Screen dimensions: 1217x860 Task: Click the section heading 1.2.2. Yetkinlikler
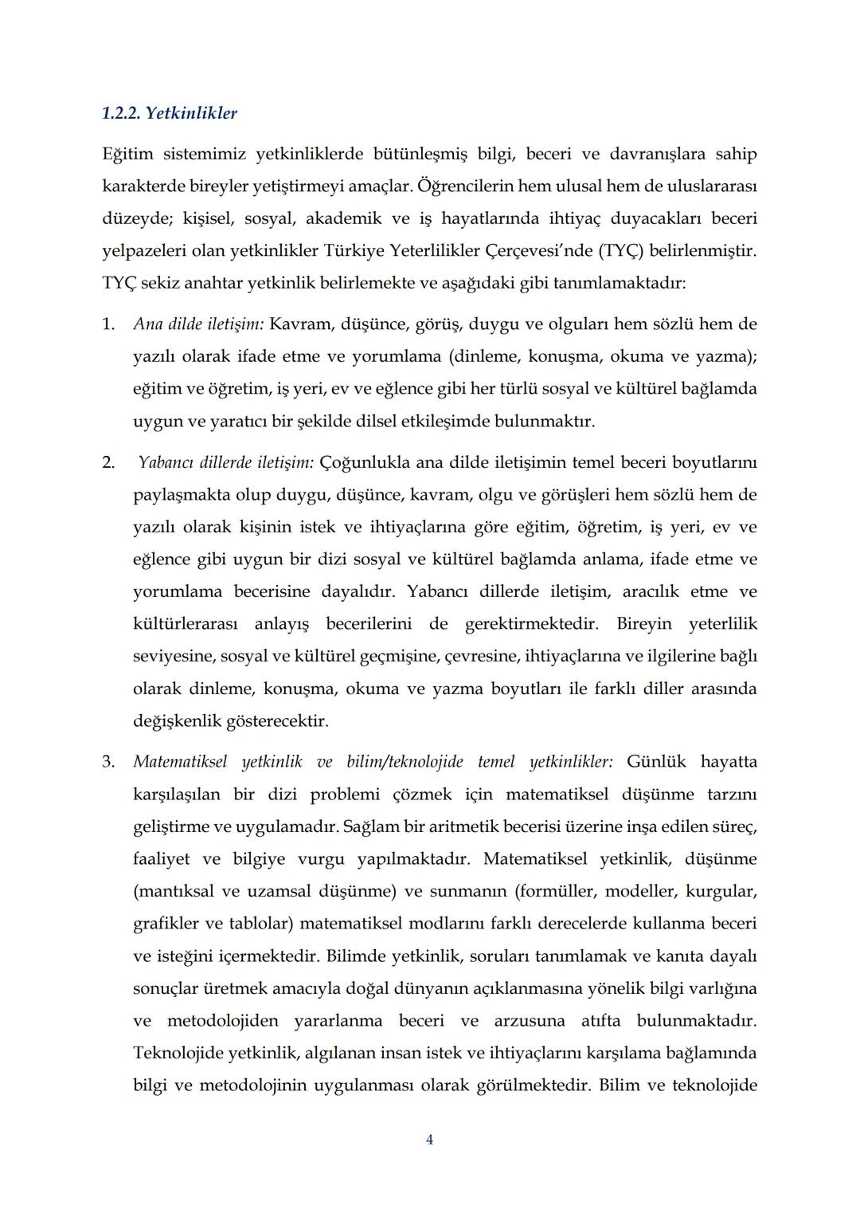[170, 113]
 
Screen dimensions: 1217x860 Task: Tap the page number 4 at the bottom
[429, 1140]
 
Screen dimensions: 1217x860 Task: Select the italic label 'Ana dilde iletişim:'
[198, 324]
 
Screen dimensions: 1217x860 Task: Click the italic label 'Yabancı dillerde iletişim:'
[226, 462]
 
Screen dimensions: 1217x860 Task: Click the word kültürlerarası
[185, 624]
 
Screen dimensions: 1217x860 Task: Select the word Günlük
[655, 762]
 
